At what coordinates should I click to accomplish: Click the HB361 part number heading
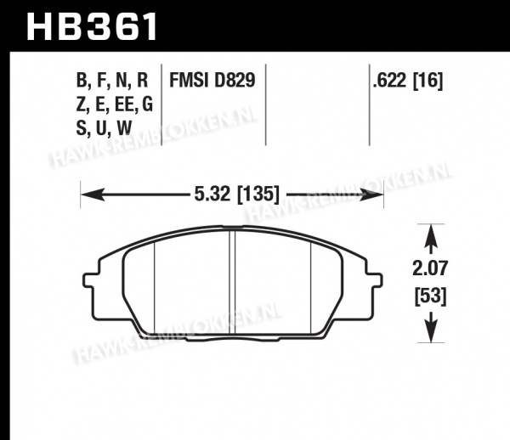92,26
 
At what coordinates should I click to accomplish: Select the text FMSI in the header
189,80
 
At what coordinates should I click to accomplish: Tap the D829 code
235,80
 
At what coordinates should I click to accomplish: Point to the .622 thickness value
389,80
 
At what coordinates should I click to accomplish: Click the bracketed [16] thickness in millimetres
428,80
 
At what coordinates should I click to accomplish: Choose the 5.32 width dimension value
212,194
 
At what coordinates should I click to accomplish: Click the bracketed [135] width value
258,195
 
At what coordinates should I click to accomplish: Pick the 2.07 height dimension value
430,269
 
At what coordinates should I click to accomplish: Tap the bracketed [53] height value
430,296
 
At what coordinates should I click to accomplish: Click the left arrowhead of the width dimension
93,195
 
